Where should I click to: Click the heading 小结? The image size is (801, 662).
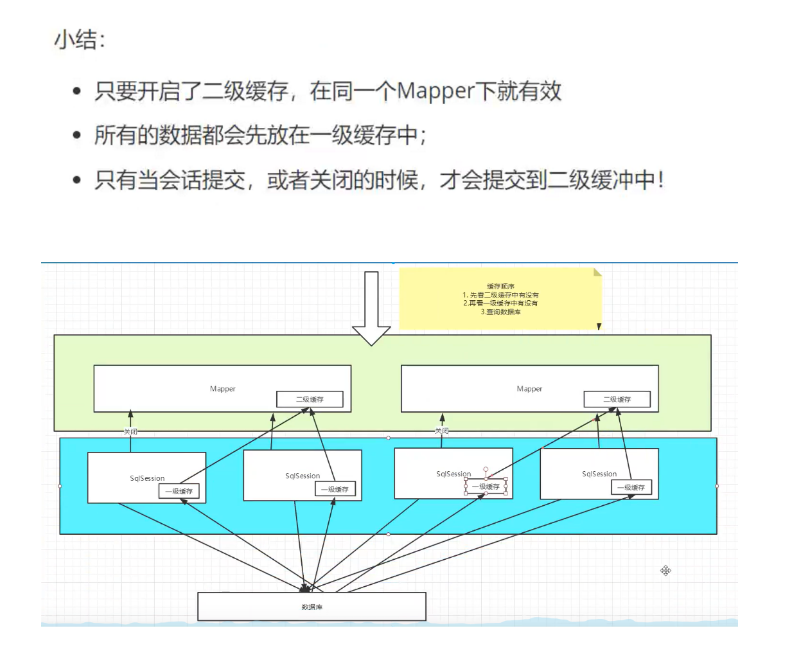[79, 40]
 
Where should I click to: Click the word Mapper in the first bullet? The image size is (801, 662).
[436, 91]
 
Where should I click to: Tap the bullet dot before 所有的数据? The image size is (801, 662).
[77, 136]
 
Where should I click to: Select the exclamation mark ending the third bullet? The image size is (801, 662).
[660, 180]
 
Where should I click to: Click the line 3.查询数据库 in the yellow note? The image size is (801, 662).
[500, 312]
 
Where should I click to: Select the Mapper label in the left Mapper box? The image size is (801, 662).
[222, 389]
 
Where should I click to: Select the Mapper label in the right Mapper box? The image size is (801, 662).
[529, 389]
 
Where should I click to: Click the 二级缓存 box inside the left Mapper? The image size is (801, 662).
[310, 399]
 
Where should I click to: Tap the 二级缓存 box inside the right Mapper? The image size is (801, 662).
[617, 399]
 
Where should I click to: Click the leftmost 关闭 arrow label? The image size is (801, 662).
[130, 431]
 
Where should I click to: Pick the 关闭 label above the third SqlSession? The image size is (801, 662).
[442, 431]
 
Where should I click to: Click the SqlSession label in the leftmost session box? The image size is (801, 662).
[147, 478]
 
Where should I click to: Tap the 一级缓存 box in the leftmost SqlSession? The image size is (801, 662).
[179, 491]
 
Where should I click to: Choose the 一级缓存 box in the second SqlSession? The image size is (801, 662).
[335, 489]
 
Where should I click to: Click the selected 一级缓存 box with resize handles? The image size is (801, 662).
[486, 487]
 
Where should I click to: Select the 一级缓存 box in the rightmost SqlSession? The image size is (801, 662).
[631, 487]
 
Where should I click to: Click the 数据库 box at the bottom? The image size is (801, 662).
[312, 607]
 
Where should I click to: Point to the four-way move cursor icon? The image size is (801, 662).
[665, 571]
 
